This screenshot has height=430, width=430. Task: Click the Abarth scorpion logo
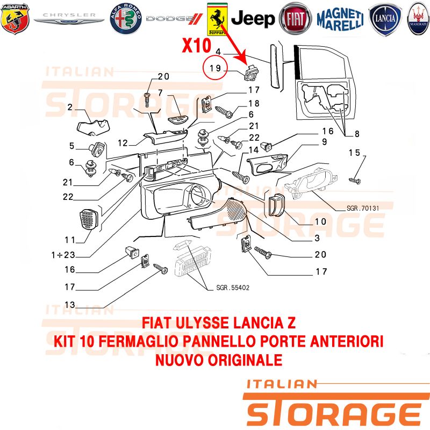(15, 19)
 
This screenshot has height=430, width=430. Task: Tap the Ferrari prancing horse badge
(217, 19)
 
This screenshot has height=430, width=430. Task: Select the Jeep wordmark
(253, 19)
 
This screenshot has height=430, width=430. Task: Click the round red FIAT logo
(295, 19)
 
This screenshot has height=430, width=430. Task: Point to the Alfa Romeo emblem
(126, 19)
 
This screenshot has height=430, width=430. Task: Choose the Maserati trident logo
(419, 19)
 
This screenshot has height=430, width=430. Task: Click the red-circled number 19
(215, 68)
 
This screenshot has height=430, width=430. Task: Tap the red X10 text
(197, 46)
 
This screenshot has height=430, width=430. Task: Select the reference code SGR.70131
(363, 209)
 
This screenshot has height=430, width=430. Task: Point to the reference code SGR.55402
(233, 288)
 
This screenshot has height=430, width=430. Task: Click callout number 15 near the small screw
(354, 153)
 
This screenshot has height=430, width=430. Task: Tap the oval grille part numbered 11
(89, 219)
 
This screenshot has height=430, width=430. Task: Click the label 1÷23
(63, 255)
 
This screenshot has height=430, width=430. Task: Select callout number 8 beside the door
(357, 134)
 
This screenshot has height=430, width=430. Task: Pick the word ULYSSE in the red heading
(202, 323)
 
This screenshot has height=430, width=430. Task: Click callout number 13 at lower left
(70, 305)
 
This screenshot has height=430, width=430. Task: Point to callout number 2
(70, 107)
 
